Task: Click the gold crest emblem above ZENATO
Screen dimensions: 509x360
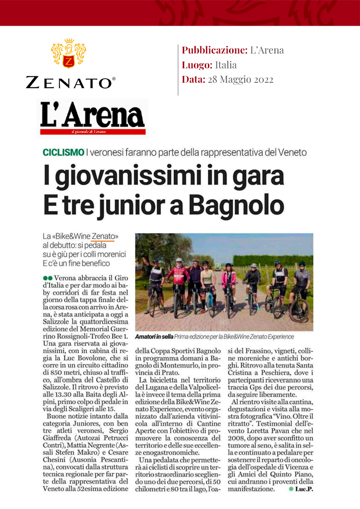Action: coord(69,54)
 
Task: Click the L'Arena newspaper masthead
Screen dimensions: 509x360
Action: coord(92,116)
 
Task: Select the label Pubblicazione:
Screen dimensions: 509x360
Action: coord(214,50)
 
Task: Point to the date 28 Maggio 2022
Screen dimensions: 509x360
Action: coord(240,80)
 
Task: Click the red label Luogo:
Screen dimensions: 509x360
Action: coord(197,65)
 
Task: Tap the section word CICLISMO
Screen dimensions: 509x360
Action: coord(63,152)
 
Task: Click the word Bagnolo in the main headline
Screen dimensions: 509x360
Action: coord(236,205)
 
